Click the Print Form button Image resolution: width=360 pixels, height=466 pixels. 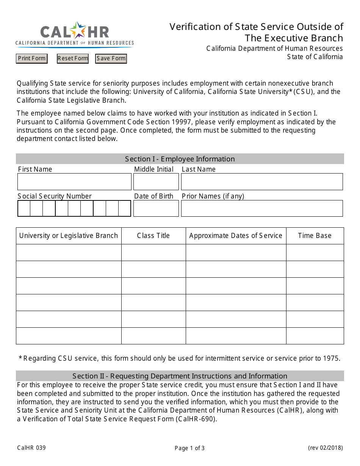32,58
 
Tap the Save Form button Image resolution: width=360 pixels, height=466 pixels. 111,58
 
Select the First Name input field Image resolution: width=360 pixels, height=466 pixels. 74,182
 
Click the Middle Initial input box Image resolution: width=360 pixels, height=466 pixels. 156,182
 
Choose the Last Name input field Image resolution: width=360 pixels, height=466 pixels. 261,182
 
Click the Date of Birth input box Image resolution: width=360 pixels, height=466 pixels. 156,208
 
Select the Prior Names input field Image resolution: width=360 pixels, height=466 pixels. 261,208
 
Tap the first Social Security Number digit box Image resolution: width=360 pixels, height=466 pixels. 24,208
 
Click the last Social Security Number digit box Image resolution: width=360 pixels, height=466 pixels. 124,208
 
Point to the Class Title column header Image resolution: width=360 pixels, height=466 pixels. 153,236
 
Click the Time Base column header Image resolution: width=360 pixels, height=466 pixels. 315,236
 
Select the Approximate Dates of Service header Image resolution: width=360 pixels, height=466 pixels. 236,236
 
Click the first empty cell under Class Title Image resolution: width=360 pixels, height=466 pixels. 153,252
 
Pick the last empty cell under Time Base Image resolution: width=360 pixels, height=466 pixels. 315,336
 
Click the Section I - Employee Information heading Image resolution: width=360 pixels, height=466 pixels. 180,159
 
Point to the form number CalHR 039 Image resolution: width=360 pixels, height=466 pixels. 31,448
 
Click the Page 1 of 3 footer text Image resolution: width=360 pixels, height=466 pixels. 189,448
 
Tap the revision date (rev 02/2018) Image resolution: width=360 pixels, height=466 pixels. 325,448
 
